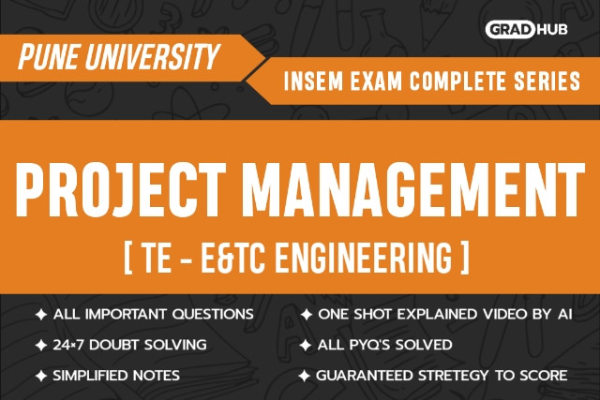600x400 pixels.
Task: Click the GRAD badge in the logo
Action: pos(510,29)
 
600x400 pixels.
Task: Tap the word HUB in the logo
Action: pos(552,29)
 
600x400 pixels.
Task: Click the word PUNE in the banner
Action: pos(48,56)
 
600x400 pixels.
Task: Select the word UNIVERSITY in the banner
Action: pos(152,56)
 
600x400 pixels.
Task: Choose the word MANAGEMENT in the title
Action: pos(413,189)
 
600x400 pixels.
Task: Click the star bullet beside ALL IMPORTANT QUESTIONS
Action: pos(41,315)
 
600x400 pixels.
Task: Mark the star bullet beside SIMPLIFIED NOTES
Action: pos(41,376)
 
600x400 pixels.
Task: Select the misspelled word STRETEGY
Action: pos(453,376)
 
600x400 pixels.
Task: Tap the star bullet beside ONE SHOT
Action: pos(307,315)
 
